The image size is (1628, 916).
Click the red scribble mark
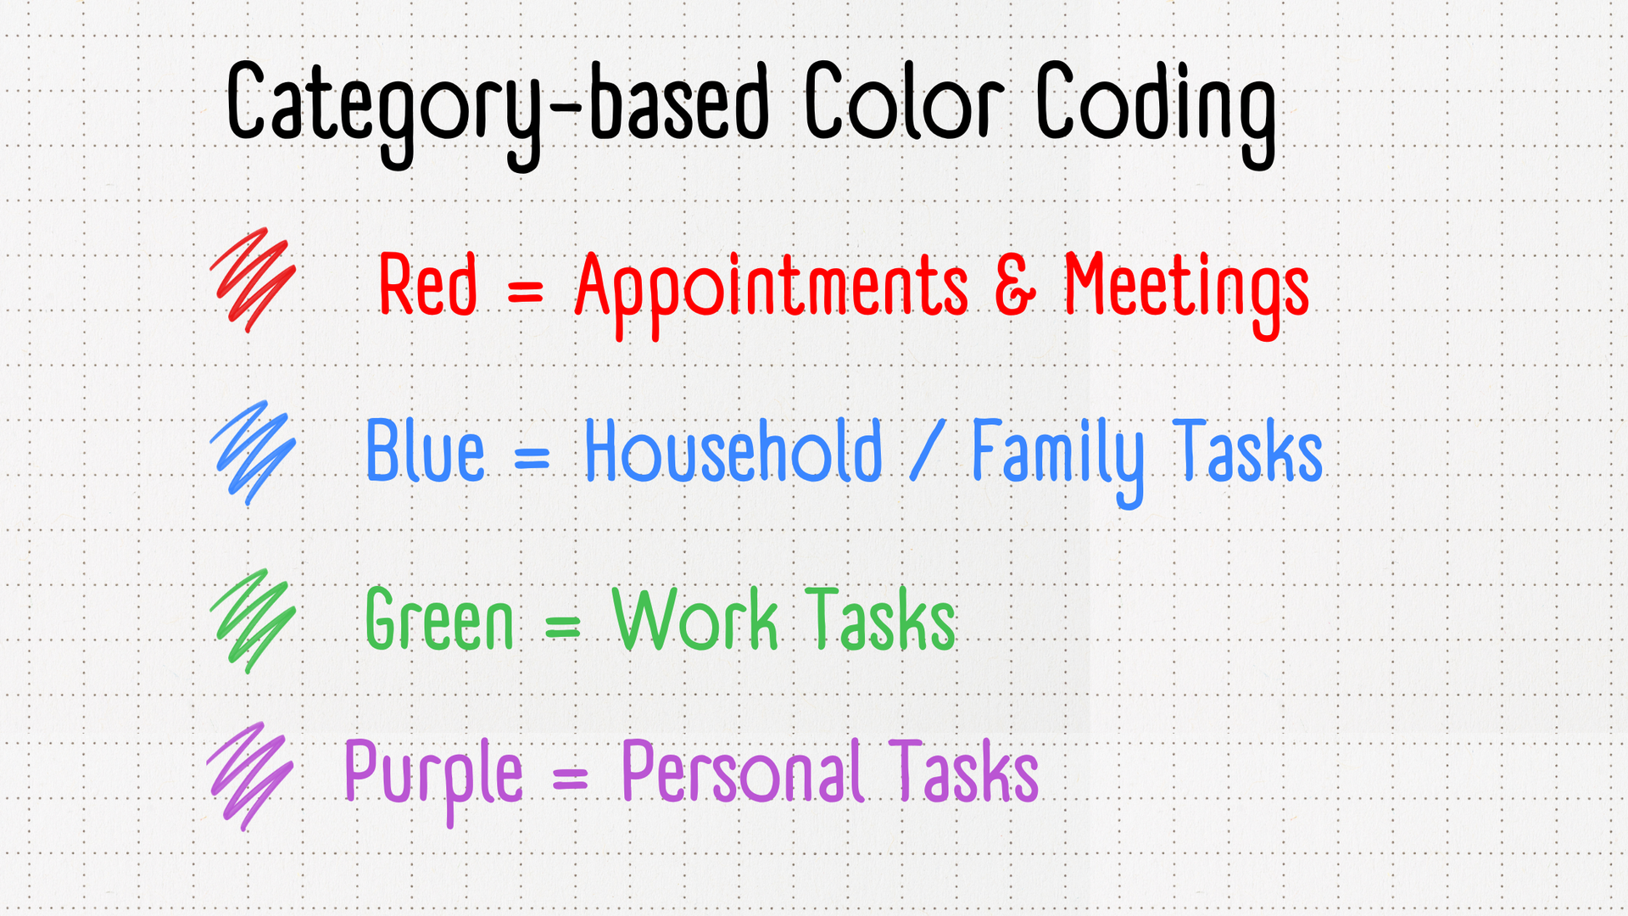[253, 280]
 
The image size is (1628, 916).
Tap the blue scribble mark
[253, 453]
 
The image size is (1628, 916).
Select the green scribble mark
[253, 621]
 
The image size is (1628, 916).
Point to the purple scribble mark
[251, 776]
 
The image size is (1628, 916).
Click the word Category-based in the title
[498, 113]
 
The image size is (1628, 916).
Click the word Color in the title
[904, 101]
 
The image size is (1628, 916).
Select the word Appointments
[772, 293]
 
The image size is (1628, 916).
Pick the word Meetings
[1187, 293]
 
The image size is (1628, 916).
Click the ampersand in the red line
[1015, 286]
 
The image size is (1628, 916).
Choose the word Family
[1057, 461]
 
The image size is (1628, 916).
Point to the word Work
[695, 619]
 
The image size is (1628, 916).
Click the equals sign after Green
[563, 628]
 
